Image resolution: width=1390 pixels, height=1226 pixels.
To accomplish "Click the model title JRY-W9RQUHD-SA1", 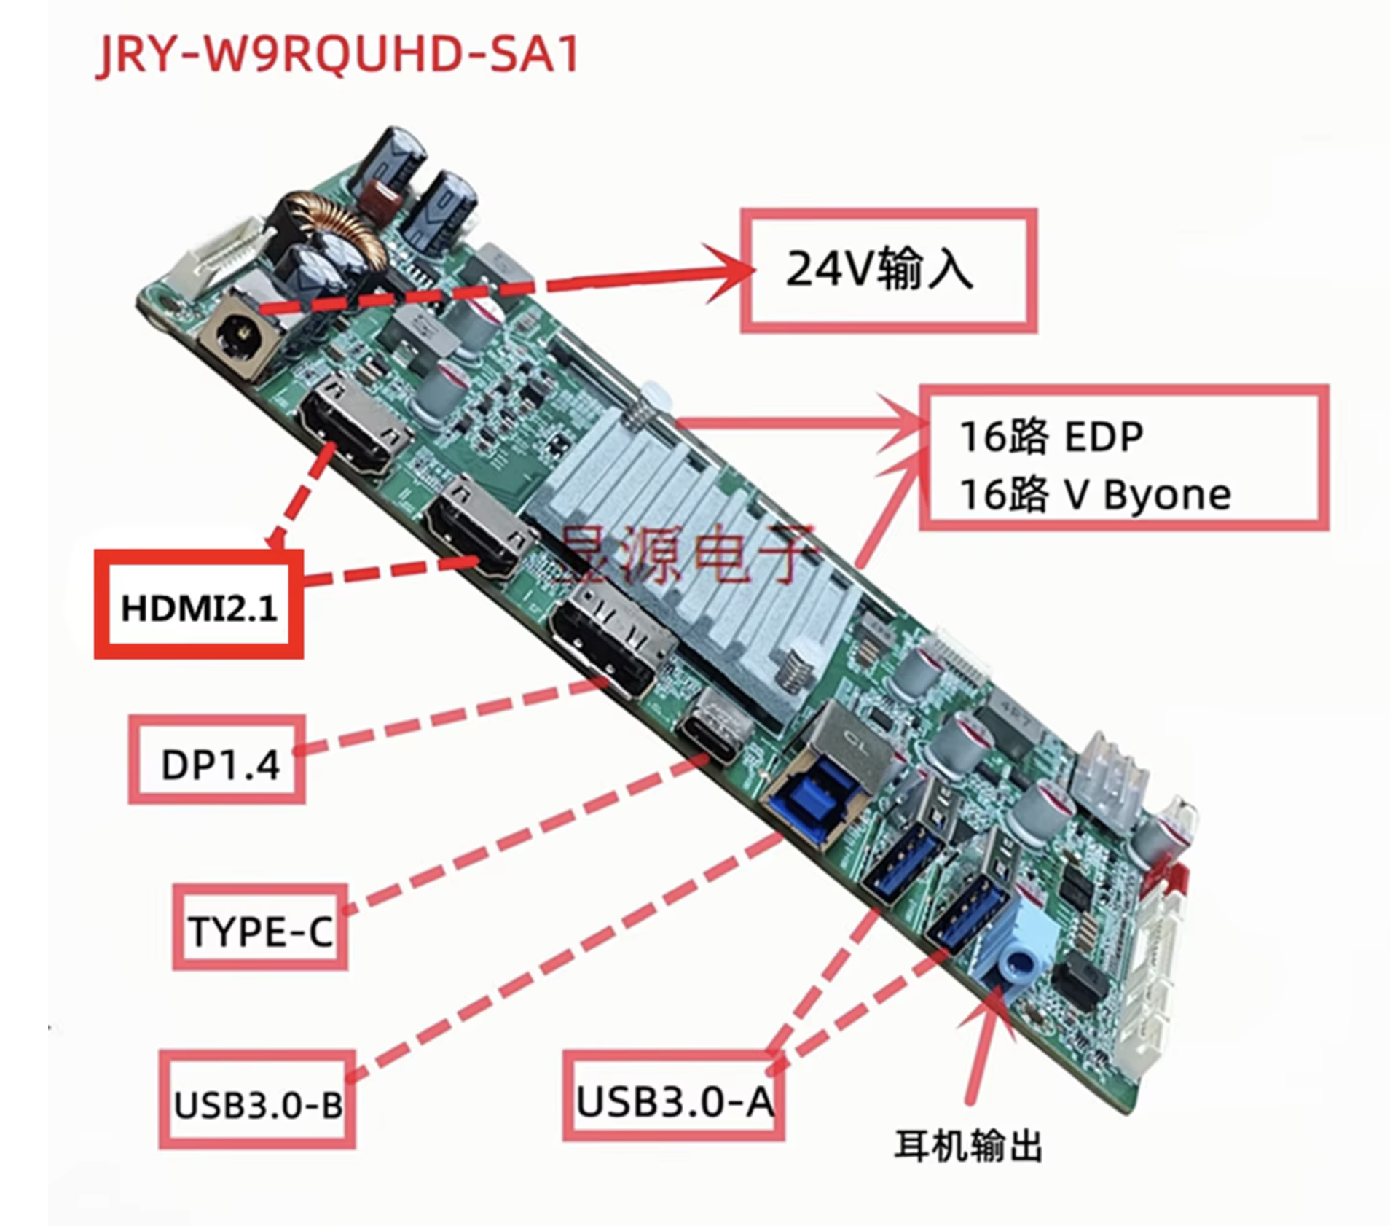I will tap(338, 55).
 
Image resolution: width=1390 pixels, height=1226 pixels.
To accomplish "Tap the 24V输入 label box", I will tap(888, 270).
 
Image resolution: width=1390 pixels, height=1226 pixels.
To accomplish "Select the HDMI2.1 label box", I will tap(198, 606).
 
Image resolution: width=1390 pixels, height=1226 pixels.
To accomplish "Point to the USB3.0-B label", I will tap(257, 1104).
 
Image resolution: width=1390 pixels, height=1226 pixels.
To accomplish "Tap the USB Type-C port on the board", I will tap(712, 733).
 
